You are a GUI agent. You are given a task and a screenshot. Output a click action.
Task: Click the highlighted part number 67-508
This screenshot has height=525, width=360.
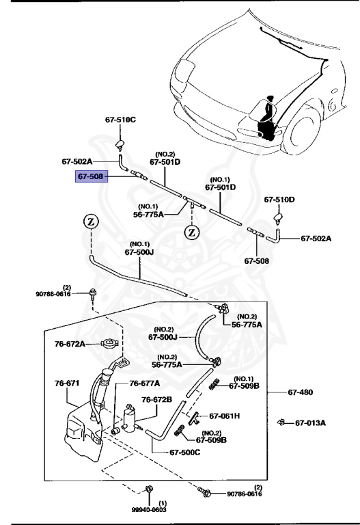92,176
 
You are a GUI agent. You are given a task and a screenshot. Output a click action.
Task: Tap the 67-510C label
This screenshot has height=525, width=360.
120,120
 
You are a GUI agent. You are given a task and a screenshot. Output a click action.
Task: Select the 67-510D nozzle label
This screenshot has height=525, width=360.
279,200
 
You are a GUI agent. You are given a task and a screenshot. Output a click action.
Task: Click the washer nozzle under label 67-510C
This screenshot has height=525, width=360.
120,144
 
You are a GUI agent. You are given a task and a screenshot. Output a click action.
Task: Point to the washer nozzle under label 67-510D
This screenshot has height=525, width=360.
279,219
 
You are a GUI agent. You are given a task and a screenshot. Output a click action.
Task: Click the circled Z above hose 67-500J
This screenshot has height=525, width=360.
92,221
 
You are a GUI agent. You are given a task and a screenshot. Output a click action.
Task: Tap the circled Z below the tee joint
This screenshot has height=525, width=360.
192,232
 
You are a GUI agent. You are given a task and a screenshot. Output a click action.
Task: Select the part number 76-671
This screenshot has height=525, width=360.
67,383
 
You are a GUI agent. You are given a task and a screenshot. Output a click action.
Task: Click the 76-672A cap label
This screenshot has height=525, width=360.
70,344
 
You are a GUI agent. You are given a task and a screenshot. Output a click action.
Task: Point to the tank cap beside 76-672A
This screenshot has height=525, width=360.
109,343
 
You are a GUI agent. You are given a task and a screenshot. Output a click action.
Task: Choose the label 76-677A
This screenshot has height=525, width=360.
145,383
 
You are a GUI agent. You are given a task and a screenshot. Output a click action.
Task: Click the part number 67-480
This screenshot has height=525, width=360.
300,392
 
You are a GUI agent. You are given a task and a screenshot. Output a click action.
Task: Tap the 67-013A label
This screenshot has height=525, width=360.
310,423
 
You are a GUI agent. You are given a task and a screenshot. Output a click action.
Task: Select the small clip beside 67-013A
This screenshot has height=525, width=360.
281,422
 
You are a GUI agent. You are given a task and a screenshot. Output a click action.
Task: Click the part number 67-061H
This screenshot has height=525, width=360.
225,416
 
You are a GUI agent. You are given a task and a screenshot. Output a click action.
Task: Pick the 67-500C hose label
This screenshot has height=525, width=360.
185,453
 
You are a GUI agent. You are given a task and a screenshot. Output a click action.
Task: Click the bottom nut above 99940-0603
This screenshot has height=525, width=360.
148,489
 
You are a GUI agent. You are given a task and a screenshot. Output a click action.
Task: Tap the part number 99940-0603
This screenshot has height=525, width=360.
148,509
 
